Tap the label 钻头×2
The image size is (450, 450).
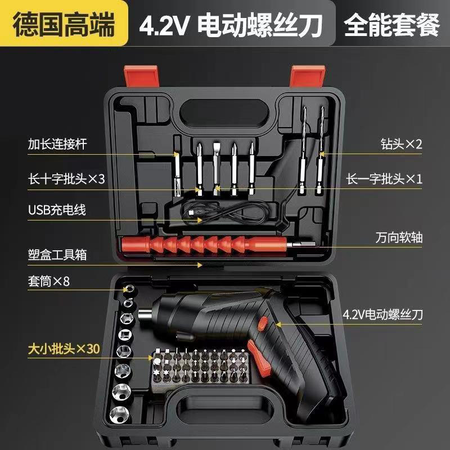pos(400,144)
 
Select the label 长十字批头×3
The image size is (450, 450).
pos(66,179)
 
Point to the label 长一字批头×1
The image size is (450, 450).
pos(384,179)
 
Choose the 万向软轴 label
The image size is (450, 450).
pos(400,238)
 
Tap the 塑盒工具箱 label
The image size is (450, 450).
pos(57,255)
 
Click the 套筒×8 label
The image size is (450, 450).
pos(48,281)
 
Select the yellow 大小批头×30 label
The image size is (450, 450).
pos(63,349)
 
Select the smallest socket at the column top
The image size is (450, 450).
pos(128,289)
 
